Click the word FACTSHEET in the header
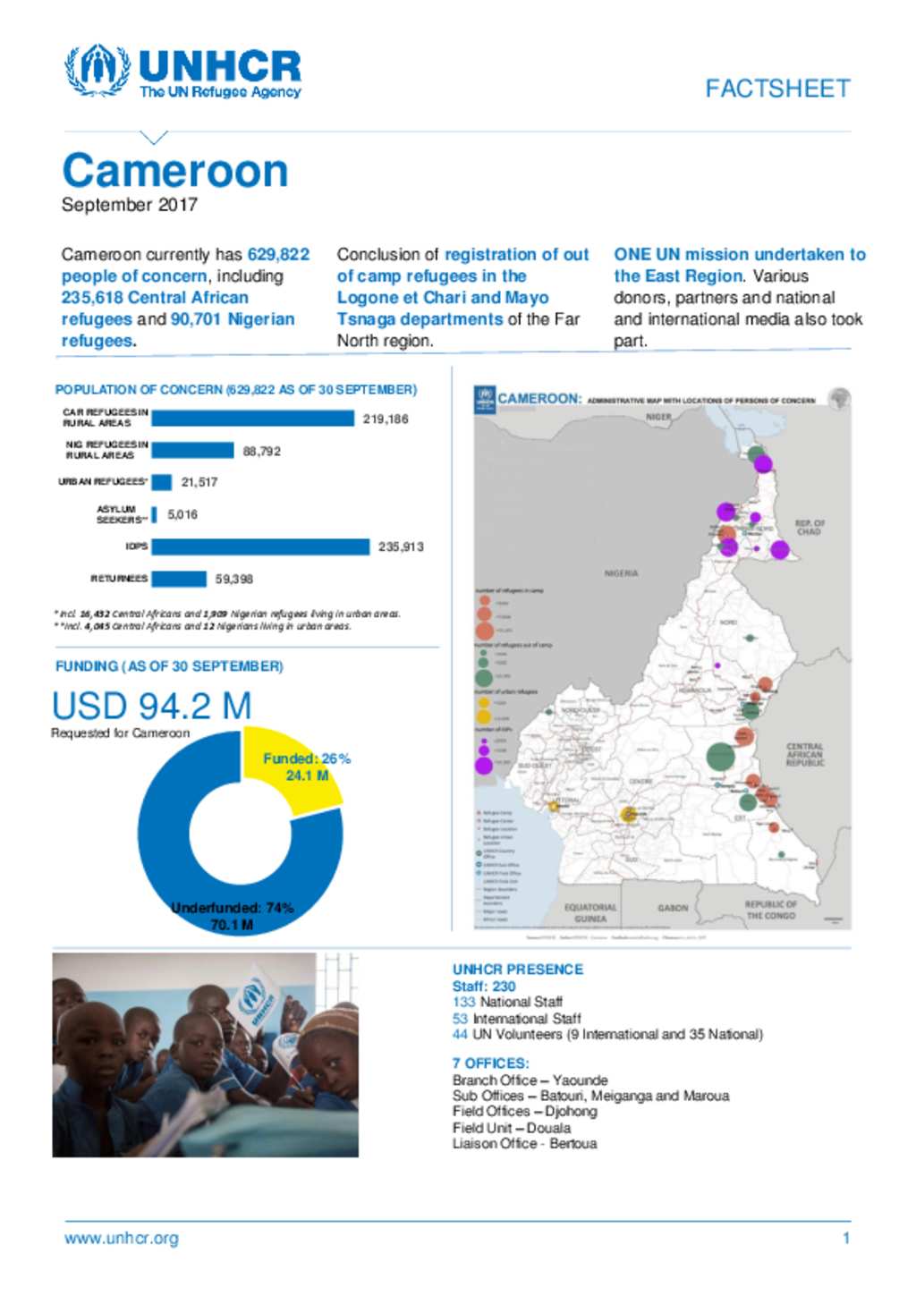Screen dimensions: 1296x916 tap(777, 89)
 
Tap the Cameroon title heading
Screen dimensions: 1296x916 tap(175, 170)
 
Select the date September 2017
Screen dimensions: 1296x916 tap(130, 205)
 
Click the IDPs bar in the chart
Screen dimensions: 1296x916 tap(260, 546)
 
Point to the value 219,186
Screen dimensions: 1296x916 tap(386, 419)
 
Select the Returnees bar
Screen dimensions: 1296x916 tap(179, 579)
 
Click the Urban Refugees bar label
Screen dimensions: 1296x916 tap(103, 482)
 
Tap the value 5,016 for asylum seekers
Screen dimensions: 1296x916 tap(182, 514)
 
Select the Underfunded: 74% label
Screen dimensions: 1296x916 tap(232, 908)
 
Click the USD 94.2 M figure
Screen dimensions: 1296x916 tap(151, 706)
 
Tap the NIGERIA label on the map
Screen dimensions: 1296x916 tap(621, 573)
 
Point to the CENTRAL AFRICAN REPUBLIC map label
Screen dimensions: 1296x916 tap(804, 754)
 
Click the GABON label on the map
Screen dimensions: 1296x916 tap(673, 908)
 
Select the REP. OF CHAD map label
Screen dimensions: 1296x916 tap(810, 527)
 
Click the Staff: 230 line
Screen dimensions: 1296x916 tap(484, 986)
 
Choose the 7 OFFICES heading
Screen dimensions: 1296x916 tap(490, 1063)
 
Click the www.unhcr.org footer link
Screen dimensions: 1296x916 tap(122, 1239)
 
